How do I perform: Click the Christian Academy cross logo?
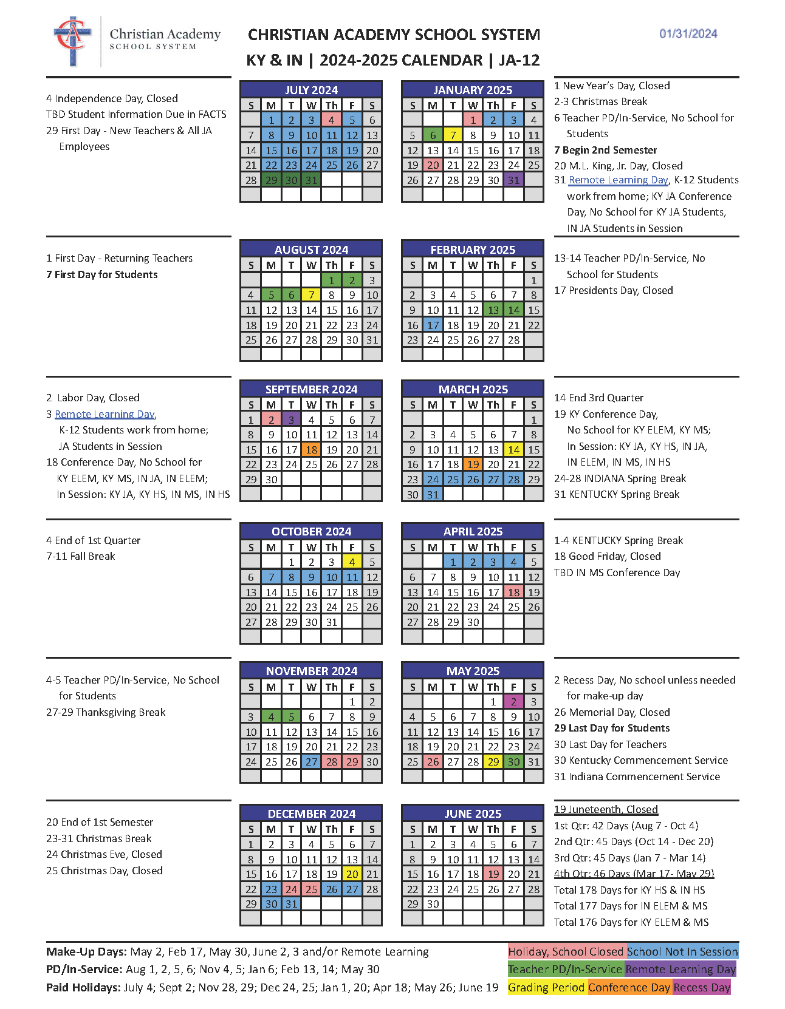click(x=73, y=40)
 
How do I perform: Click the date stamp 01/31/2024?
click(x=688, y=34)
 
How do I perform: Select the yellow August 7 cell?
click(x=311, y=295)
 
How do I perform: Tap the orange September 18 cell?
click(x=311, y=450)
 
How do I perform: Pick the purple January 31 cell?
click(x=513, y=180)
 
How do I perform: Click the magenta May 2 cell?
click(x=513, y=702)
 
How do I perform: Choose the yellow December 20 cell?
click(x=352, y=874)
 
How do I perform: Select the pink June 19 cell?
click(x=493, y=874)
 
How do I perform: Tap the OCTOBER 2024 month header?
click(x=311, y=532)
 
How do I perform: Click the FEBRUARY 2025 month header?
click(x=473, y=250)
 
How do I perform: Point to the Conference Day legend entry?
click(x=629, y=987)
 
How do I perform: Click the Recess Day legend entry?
click(x=702, y=987)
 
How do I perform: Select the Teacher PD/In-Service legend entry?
click(x=565, y=970)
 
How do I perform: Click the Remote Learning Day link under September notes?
click(x=105, y=414)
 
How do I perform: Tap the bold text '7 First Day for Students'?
click(x=101, y=274)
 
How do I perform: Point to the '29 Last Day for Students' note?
click(x=612, y=728)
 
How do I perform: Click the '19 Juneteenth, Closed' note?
click(x=606, y=809)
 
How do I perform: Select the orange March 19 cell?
click(x=473, y=464)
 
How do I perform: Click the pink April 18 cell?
click(x=513, y=592)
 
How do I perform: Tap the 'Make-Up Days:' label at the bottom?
click(x=86, y=952)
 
